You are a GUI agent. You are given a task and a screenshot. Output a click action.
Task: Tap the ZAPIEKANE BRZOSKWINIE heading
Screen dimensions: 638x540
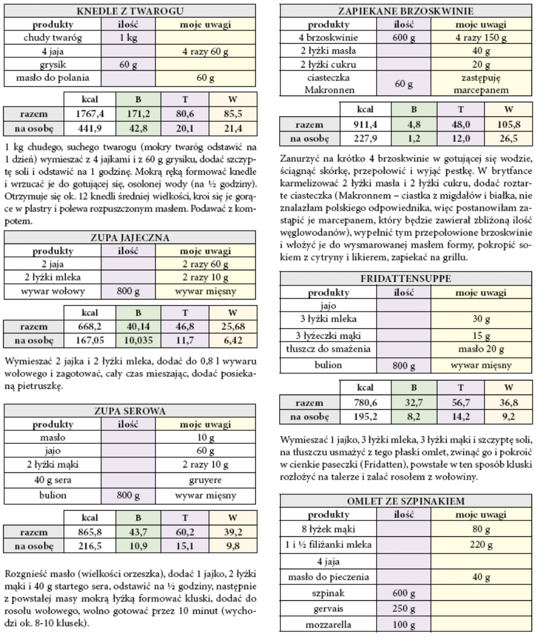406,11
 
